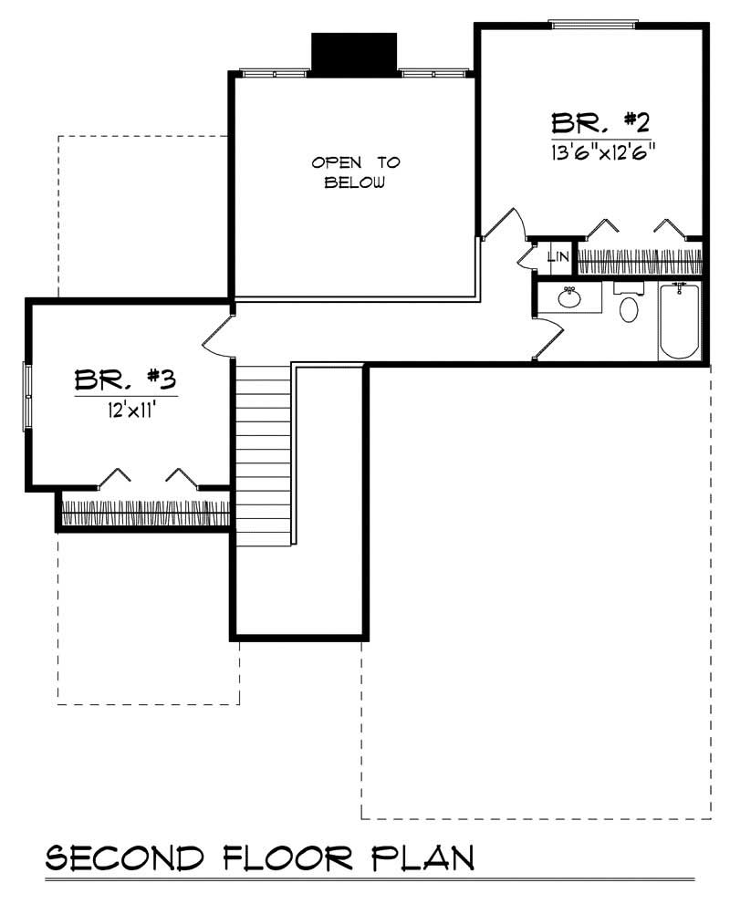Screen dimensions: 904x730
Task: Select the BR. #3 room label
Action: pos(126,379)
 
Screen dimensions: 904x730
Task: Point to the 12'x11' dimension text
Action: pos(126,409)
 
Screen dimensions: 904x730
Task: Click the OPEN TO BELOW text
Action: pos(356,172)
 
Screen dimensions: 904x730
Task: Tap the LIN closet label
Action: pos(558,258)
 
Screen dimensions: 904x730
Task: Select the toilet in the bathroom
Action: pos(629,307)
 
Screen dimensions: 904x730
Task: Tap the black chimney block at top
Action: pos(354,52)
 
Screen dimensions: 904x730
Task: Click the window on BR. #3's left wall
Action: pos(27,395)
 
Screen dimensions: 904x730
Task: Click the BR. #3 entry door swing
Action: pos(215,337)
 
